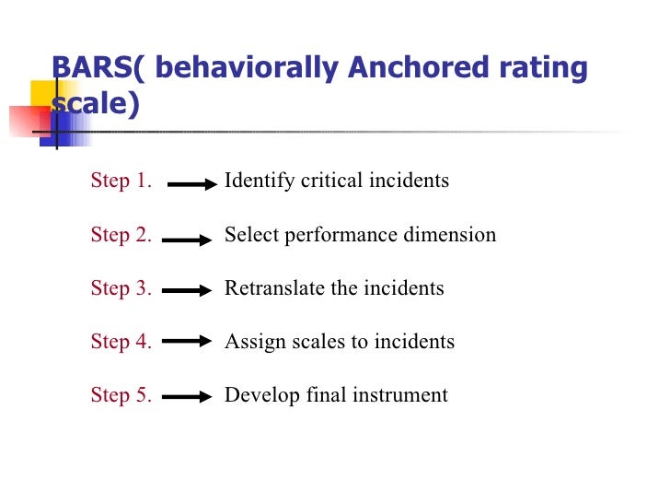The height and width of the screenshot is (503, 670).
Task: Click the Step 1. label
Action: coord(121,181)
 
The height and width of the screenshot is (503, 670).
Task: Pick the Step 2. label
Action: coord(121,235)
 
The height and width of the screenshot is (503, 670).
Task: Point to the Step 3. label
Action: coord(121,288)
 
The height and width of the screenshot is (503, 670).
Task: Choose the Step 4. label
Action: coord(121,342)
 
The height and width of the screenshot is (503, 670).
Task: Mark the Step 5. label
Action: coord(121,396)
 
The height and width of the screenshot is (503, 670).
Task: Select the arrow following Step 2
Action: coord(188,240)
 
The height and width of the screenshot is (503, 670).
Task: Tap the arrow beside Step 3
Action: coord(188,291)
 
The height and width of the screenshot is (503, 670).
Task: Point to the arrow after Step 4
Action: coord(188,341)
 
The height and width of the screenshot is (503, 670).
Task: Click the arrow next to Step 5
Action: coord(188,398)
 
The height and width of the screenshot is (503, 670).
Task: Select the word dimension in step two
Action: coord(451,235)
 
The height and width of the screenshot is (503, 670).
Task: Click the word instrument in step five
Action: coord(406,396)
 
